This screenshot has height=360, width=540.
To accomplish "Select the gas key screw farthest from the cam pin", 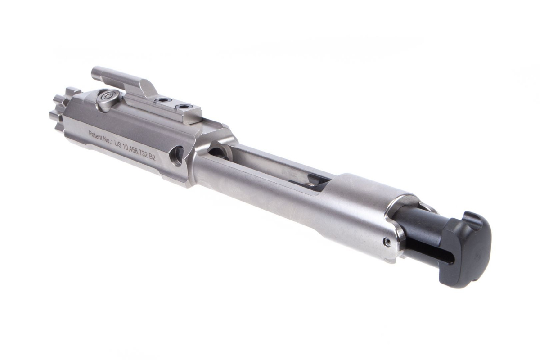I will pos(184,107).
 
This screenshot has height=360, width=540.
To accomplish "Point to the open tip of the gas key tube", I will pos(95,72).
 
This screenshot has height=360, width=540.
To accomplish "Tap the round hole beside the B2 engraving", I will pos(177,155).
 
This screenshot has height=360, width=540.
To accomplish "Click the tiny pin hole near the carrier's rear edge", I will pos(386,242).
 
